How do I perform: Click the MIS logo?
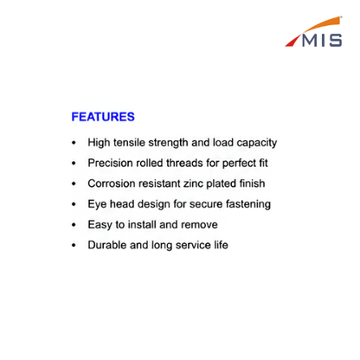pyautogui.click(x=313, y=32)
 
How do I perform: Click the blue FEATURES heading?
pyautogui.click(x=103, y=117)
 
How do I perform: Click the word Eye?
pyautogui.click(x=97, y=204)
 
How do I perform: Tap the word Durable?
pyautogui.click(x=107, y=245)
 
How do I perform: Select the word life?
pyautogui.click(x=221, y=245)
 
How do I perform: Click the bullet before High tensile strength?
pyautogui.click(x=74, y=143)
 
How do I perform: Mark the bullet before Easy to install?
pyautogui.click(x=74, y=224)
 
